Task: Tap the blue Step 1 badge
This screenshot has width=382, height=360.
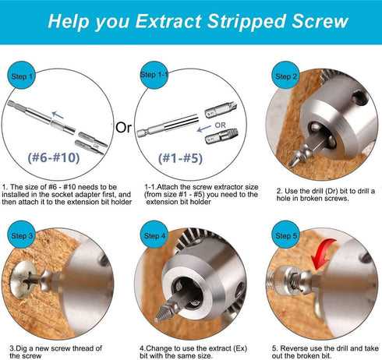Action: (x=21, y=76)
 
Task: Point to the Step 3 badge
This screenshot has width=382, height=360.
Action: (x=22, y=235)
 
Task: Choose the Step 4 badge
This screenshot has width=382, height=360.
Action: (x=153, y=235)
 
